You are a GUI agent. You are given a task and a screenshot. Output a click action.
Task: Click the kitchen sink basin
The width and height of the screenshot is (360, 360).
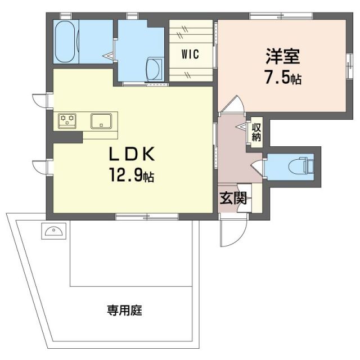click(102, 120)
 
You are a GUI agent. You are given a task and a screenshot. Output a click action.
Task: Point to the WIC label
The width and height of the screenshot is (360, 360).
click(190, 55)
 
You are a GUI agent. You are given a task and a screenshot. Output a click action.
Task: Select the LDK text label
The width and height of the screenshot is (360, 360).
click(131, 154)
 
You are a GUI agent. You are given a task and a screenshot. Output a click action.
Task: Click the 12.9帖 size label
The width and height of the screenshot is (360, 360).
click(131, 176)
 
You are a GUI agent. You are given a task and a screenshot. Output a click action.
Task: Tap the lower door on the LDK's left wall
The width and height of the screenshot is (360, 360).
click(41, 167)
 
